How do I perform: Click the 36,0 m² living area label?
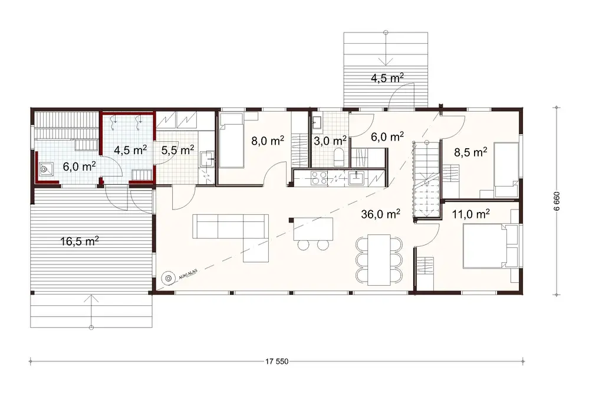[x=380, y=214]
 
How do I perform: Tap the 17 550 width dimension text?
[x=276, y=361]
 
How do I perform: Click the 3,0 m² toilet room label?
[x=330, y=141]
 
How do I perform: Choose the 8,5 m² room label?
[x=470, y=152]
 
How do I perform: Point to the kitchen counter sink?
[x=357, y=177]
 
